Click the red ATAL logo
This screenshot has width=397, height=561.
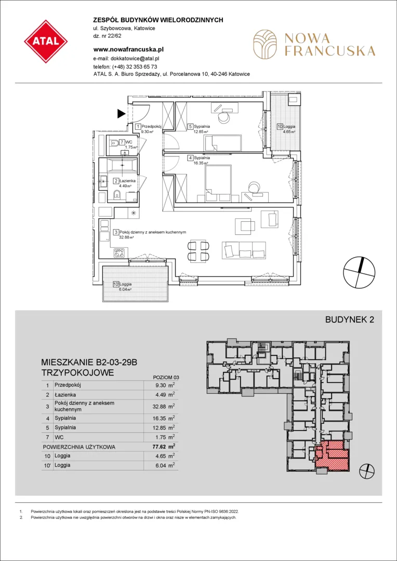point(46,42)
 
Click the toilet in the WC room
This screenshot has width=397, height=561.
point(113,143)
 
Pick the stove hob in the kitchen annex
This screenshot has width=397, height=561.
point(118,253)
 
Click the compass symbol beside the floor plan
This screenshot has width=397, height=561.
point(359,272)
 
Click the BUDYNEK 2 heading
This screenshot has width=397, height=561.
point(349,320)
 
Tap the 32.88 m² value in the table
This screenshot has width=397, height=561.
point(165,406)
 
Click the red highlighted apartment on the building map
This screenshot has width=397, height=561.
point(333,455)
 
